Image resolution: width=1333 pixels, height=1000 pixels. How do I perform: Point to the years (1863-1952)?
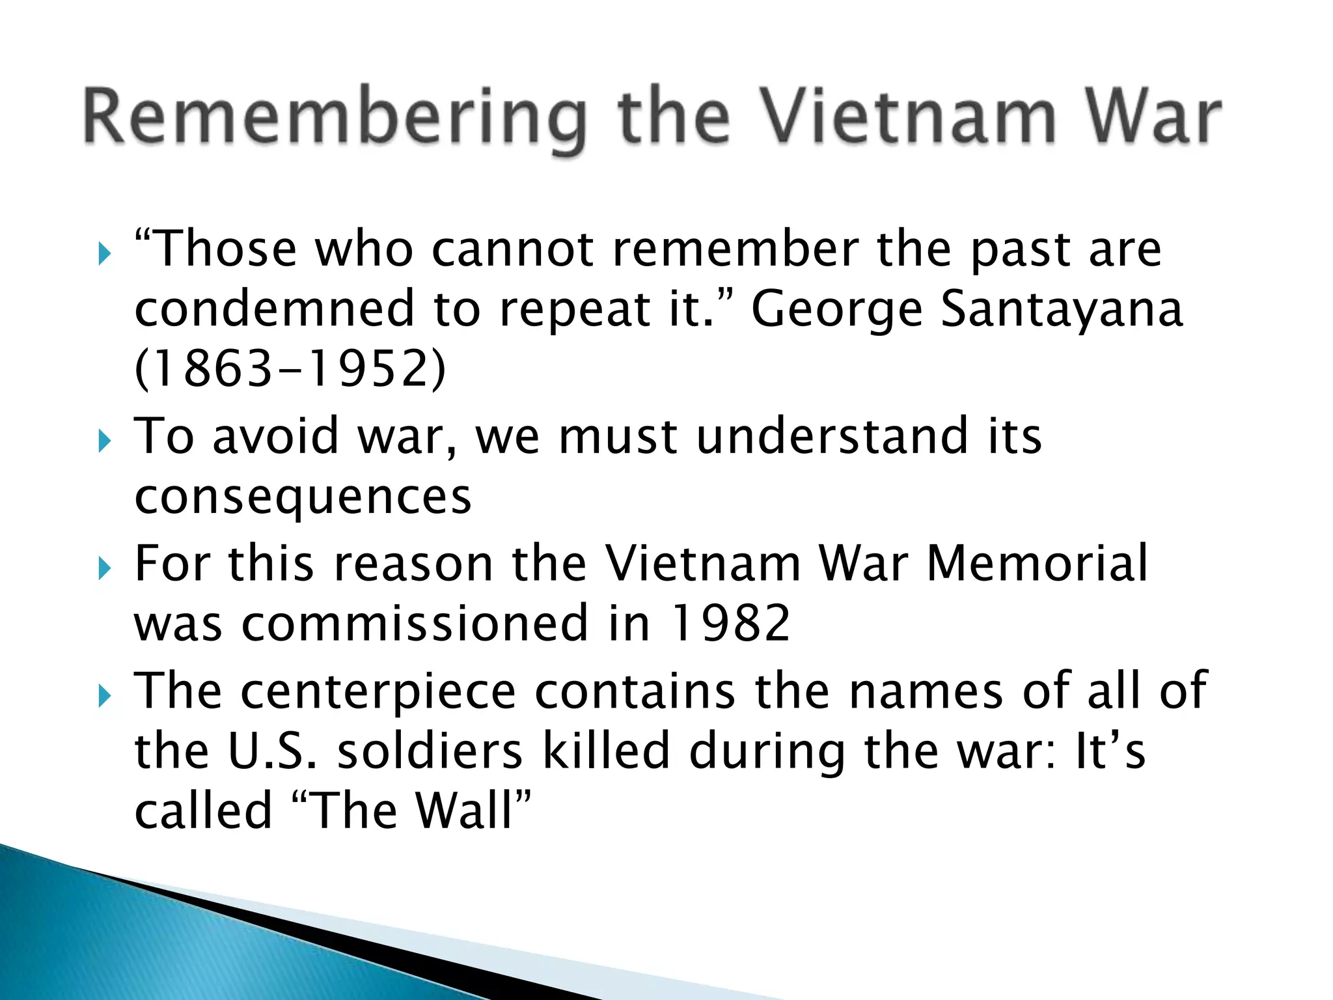point(290,369)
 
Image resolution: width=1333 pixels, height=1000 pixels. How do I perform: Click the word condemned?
point(274,309)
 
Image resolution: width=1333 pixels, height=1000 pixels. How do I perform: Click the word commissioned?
point(415,623)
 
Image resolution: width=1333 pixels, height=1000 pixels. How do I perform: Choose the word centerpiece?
point(378,691)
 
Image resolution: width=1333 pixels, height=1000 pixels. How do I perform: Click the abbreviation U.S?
point(273,751)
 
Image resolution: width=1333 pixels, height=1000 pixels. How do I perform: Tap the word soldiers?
point(430,751)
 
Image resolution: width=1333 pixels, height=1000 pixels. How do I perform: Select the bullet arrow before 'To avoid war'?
point(104,441)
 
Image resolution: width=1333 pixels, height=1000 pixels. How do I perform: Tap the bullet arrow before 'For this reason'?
point(104,568)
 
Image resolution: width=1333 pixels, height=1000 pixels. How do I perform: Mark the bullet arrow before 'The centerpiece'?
point(104,696)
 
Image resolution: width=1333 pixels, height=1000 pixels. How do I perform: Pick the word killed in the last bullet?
point(606,750)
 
